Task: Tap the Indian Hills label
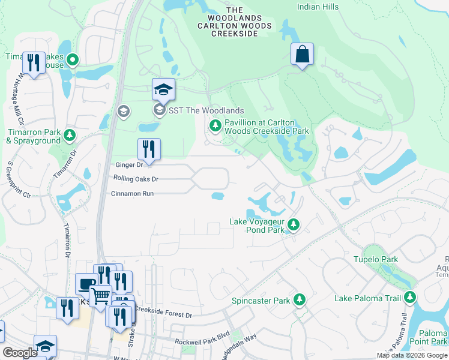click(x=318, y=7)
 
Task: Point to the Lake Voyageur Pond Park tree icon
click(x=294, y=225)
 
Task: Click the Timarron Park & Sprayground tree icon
click(x=70, y=135)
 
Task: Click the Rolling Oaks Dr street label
click(x=136, y=179)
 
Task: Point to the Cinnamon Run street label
click(x=133, y=194)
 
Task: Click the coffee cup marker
click(x=86, y=284)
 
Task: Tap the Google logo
click(x=20, y=353)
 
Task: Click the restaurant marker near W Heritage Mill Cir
click(x=34, y=62)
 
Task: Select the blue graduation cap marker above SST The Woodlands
click(x=163, y=89)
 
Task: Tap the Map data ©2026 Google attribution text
click(x=411, y=355)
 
